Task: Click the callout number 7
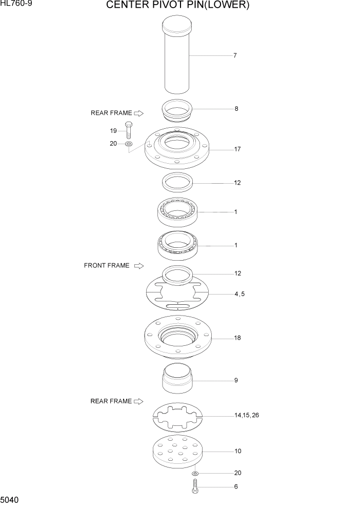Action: [x=235, y=55]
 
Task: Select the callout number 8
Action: [x=236, y=109]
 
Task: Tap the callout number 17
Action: [x=237, y=149]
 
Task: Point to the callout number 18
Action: [x=237, y=338]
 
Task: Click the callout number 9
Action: [x=236, y=381]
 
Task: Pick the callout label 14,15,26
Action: [x=247, y=415]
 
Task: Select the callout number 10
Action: [x=237, y=452]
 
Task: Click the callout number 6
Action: [x=236, y=486]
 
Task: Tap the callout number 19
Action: [x=113, y=130]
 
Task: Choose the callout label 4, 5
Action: [x=239, y=294]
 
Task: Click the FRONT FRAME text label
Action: [x=107, y=266]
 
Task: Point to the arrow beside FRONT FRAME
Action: [x=138, y=266]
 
